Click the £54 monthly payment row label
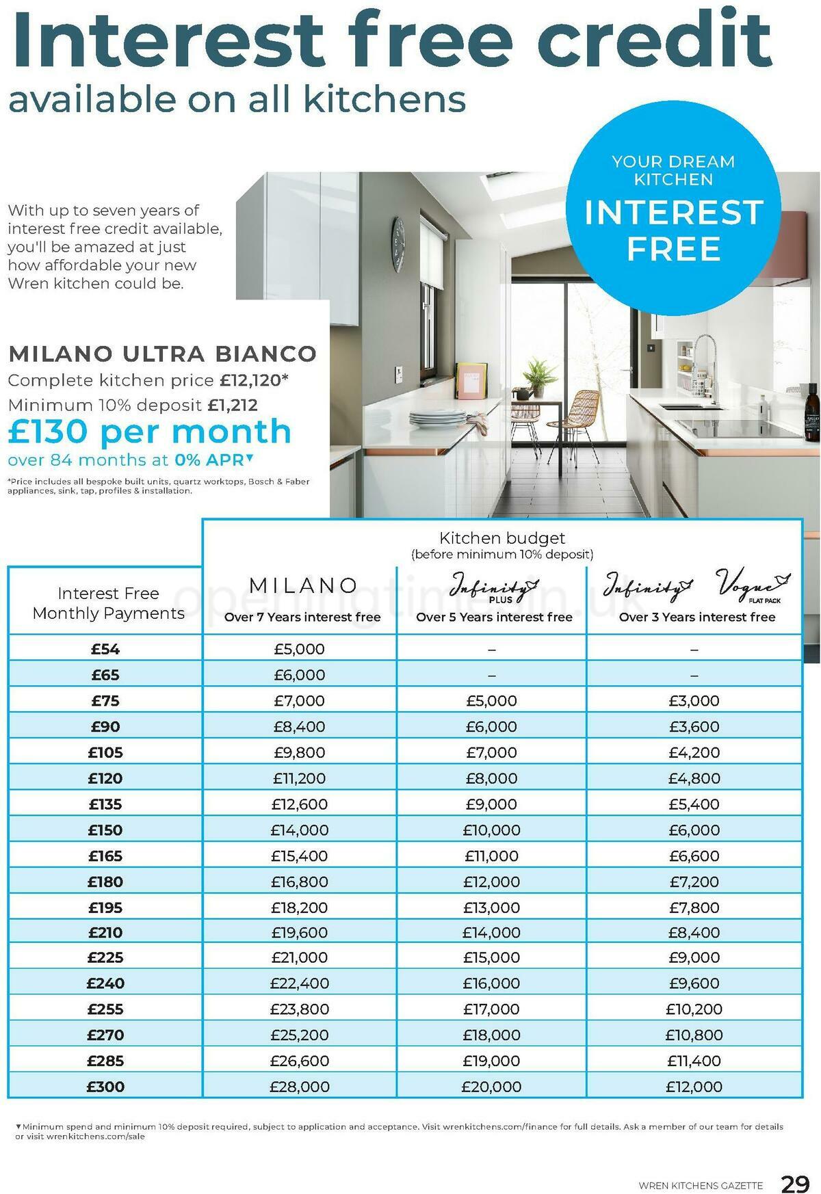105,649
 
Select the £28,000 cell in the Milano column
300,1086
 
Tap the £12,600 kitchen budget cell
300,804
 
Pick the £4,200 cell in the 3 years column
694,752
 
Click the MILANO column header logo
303,586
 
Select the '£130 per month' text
150,432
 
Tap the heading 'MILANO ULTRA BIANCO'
162,354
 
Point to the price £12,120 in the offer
250,380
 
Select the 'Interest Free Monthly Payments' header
108,603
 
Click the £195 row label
105,907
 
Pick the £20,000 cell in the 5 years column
491,1086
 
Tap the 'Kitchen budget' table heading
501,538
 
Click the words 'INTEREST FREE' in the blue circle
673,230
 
